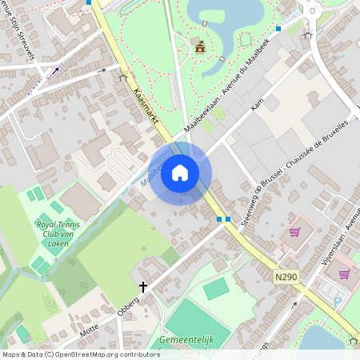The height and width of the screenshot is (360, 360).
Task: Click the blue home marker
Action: [x=180, y=173]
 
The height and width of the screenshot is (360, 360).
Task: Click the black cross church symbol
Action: [x=144, y=286]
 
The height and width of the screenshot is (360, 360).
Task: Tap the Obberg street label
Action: [x=129, y=302]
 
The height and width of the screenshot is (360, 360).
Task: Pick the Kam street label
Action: [x=257, y=105]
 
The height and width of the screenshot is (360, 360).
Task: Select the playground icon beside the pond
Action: [x=201, y=48]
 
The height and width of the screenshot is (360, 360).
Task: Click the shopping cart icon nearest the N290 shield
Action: [x=294, y=232]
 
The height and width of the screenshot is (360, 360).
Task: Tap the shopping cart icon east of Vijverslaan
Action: [x=344, y=274]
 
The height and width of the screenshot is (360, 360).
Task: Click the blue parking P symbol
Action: [x=337, y=300]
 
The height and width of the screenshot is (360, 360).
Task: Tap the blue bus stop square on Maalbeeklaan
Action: [x=278, y=29]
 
